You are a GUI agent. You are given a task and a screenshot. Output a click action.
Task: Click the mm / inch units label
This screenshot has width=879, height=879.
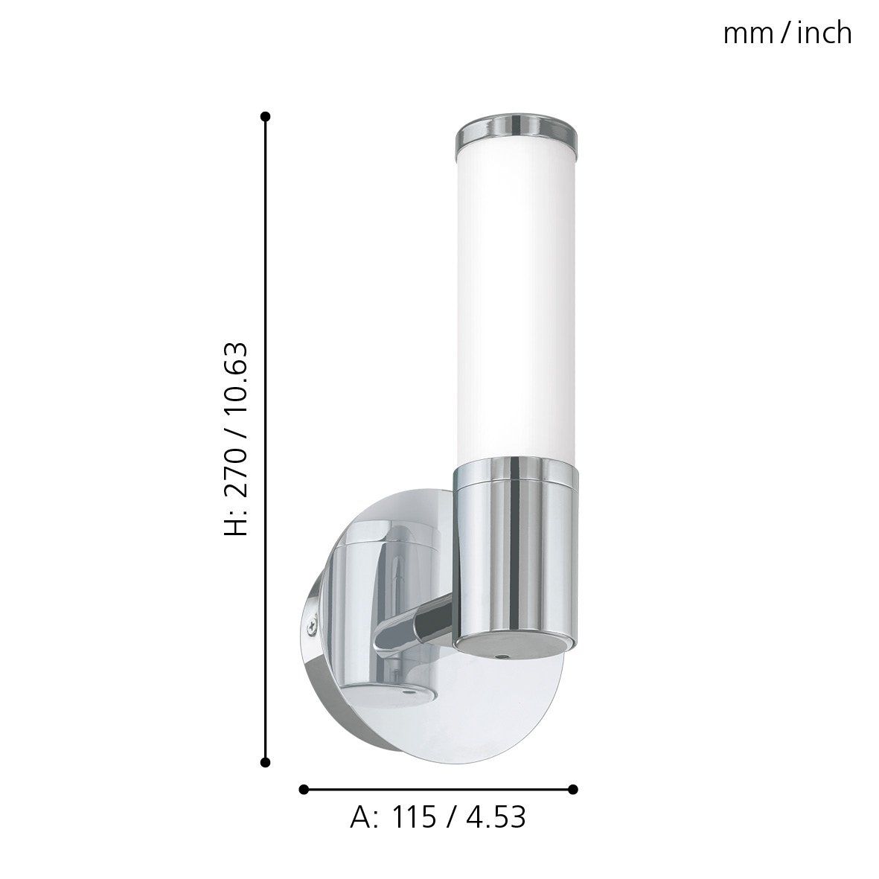coord(787,33)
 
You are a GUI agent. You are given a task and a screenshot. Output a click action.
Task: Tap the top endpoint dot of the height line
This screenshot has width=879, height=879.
coord(266,117)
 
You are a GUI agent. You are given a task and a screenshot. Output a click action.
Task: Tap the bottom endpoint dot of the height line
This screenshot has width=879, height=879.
coord(266,762)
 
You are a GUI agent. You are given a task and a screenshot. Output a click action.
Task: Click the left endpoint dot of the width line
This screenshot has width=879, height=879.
coord(304,789)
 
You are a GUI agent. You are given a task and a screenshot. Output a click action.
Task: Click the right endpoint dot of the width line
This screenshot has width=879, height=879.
coord(573,789)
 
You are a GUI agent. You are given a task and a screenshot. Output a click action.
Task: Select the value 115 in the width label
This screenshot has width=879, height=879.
coord(415,818)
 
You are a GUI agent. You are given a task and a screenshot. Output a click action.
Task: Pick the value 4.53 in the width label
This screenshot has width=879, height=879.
coord(496,818)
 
